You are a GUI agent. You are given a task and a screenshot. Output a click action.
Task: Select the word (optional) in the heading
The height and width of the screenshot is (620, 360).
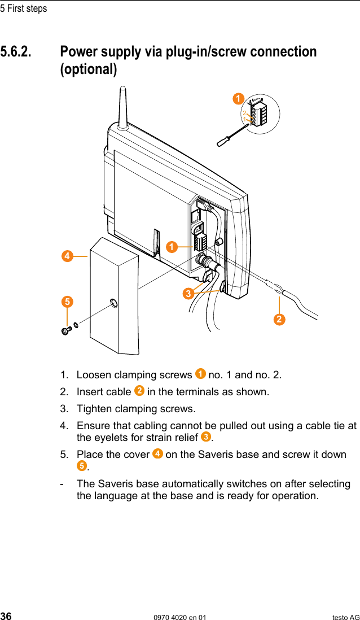[89, 70]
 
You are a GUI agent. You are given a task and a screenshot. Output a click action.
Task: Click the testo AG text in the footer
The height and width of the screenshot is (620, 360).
[345, 617]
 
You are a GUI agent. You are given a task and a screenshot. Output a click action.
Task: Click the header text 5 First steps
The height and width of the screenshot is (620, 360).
[24, 8]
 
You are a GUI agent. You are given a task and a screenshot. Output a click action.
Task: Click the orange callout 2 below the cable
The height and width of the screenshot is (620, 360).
[279, 320]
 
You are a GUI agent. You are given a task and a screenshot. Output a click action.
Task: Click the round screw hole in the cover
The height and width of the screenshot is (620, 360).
[114, 303]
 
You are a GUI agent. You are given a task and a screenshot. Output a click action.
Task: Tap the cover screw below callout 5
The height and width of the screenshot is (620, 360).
[65, 329]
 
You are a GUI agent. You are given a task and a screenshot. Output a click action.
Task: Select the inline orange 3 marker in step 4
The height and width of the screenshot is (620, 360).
[206, 437]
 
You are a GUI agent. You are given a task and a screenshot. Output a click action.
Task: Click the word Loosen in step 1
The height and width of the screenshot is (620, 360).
[94, 375]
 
